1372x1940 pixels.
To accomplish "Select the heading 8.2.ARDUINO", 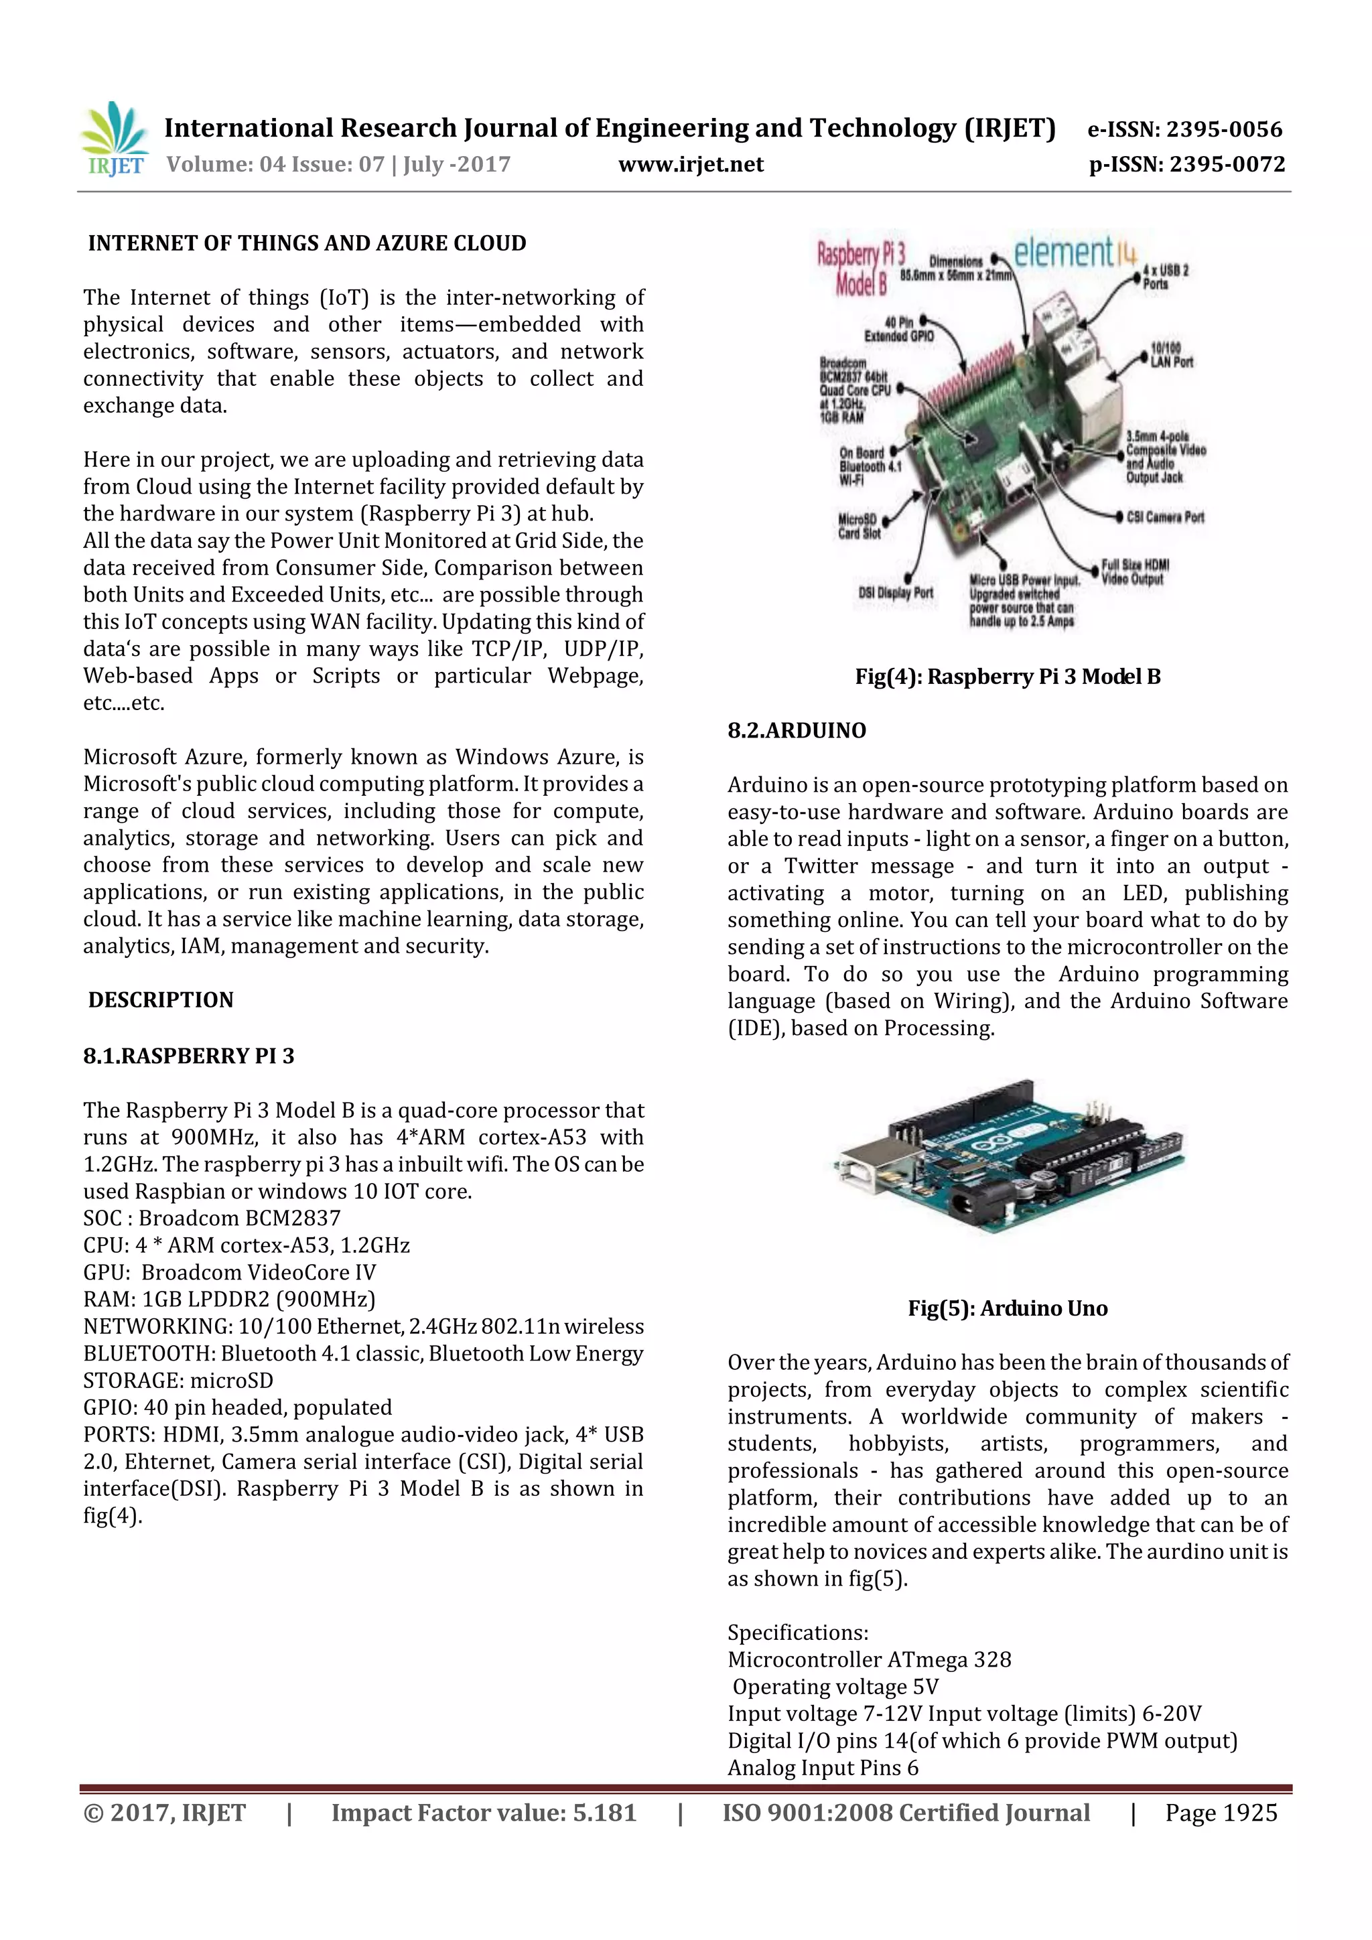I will click(797, 730).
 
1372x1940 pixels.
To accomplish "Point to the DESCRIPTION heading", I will click(161, 999).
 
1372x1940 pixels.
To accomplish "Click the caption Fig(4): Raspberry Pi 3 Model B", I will click(1007, 676).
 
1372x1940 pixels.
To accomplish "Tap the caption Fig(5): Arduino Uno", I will click(1007, 1308).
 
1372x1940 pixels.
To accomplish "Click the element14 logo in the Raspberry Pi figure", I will click(1075, 252).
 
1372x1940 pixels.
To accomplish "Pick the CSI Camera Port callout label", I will click(1165, 517).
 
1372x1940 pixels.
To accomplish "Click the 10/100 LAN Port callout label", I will click(1171, 356).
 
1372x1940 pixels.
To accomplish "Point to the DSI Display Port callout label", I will click(896, 593).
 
